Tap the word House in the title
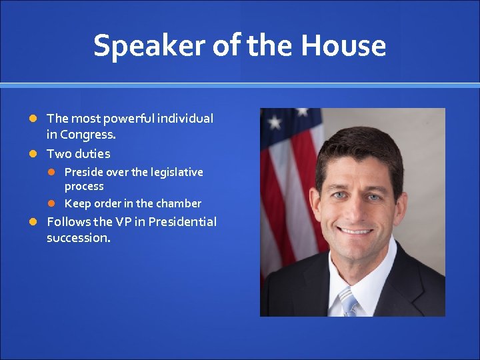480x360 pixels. point(343,46)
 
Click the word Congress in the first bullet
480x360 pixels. point(87,134)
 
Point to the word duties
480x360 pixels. point(92,154)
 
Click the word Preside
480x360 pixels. point(84,172)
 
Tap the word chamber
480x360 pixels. point(178,203)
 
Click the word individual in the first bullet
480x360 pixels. point(186,119)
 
